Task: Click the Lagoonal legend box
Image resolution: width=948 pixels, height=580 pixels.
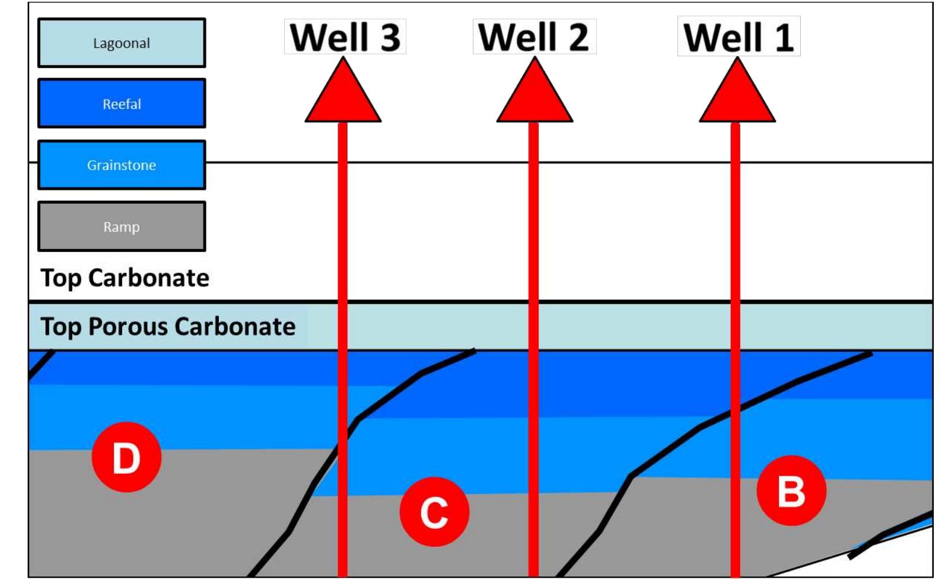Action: click(122, 43)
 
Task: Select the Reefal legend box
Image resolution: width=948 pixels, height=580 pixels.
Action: click(122, 104)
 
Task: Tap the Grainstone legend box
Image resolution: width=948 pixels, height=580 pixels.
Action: click(122, 165)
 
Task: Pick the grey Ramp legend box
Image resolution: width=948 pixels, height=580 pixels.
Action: click(122, 227)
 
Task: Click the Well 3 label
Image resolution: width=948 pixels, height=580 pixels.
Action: click(345, 37)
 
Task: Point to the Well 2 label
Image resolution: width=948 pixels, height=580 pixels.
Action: click(534, 37)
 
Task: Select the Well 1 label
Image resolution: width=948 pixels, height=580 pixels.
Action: click(739, 37)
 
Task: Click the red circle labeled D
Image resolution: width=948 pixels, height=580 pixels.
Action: click(126, 457)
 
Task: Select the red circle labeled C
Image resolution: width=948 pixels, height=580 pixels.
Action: click(434, 512)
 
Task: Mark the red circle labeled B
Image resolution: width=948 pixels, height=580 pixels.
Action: click(791, 490)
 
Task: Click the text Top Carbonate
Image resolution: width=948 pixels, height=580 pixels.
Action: click(125, 278)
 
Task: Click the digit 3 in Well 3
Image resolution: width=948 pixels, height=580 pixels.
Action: click(390, 37)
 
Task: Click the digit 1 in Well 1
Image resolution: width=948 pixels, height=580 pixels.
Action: click(783, 37)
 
